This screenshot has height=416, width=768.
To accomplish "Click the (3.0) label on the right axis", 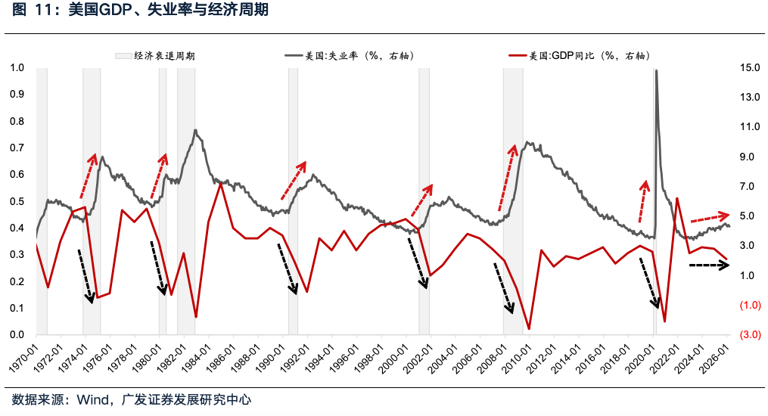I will coord(750,335).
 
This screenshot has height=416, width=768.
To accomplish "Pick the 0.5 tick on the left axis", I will coord(17,202).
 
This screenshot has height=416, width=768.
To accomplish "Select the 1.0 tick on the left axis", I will coord(17,68).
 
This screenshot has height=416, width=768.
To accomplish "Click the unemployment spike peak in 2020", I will coord(656,71).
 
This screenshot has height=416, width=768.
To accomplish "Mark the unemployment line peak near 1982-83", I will coord(195,130).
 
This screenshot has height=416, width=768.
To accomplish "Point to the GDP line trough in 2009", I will coord(528,328).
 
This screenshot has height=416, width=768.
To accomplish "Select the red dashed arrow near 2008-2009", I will coord(506,178).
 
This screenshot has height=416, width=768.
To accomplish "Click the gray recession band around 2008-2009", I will coord(513,227).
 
